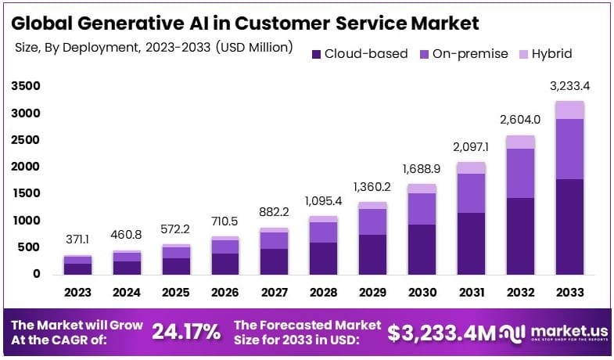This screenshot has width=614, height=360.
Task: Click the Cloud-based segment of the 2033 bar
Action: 569,227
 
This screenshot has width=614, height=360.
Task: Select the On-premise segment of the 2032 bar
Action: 520,173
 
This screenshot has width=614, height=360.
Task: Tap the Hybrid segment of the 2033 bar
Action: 569,110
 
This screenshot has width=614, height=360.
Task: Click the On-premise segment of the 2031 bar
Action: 471,193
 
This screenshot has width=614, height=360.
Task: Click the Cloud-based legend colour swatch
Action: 316,54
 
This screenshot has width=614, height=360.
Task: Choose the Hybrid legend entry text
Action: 551,54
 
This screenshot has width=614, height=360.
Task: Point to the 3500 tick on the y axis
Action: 25,86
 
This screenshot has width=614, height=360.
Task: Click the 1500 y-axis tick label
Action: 25,193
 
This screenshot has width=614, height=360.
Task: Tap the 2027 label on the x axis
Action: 274,292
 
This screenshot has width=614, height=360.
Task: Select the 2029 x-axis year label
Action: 372,292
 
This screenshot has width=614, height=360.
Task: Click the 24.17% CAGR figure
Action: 186,332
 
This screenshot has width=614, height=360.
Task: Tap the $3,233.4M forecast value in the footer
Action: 442,333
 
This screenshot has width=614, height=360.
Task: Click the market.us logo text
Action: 559,329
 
